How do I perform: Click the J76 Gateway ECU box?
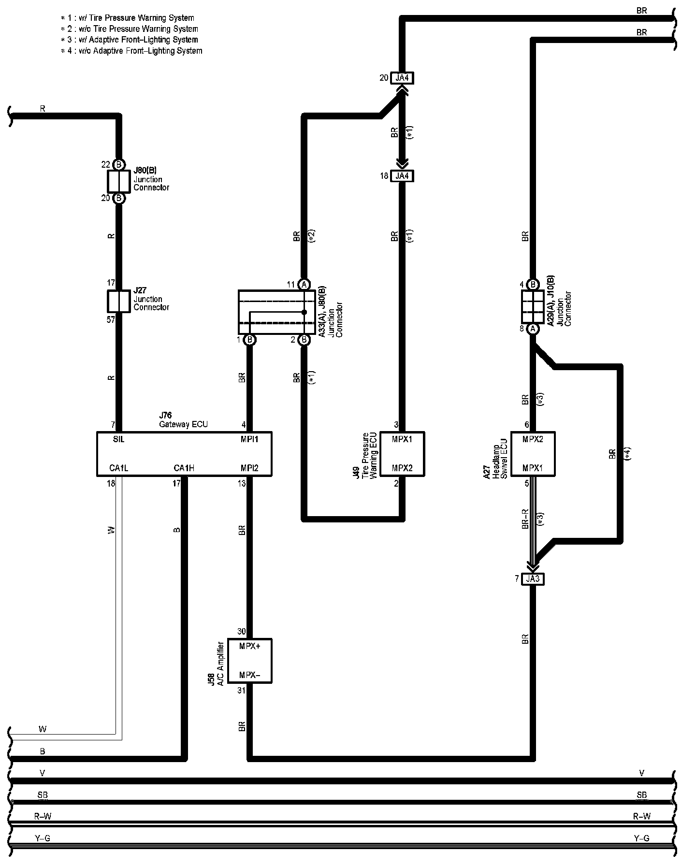click(184, 454)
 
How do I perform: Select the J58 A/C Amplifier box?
click(249, 661)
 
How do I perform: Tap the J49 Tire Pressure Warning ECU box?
click(402, 454)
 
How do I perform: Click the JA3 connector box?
click(533, 578)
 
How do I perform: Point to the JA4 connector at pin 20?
click(402, 78)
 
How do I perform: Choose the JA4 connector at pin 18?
click(402, 176)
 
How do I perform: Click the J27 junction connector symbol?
click(118, 301)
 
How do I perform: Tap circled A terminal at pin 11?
click(304, 285)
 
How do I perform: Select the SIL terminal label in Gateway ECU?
click(119, 439)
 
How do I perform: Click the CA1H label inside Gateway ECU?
click(184, 468)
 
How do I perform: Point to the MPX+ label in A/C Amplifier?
click(250, 646)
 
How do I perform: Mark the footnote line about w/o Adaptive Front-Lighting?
click(131, 51)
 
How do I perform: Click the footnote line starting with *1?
click(128, 18)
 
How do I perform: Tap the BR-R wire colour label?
click(525, 519)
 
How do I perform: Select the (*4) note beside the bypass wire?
click(627, 453)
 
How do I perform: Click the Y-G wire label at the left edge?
click(43, 838)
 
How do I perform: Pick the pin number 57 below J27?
click(111, 319)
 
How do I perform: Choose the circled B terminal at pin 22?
click(119, 164)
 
